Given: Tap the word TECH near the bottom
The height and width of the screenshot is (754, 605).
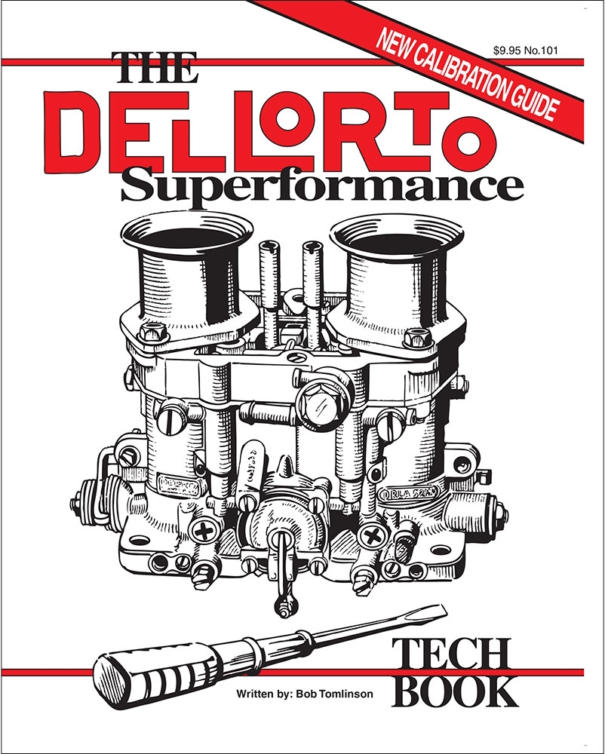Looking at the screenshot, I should pyautogui.click(x=450, y=656).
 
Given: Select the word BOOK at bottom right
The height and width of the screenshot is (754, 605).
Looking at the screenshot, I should pyautogui.click(x=458, y=691).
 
